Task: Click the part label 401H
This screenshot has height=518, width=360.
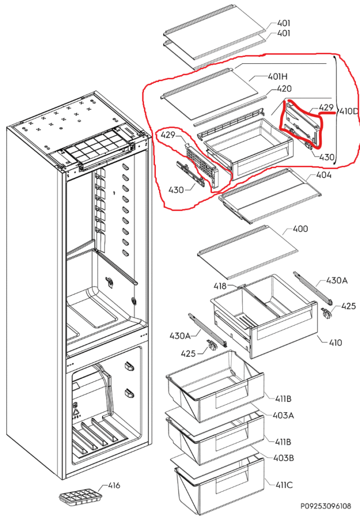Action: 277,77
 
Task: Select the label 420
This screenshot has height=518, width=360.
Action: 284,89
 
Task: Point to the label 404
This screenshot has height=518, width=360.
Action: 324,175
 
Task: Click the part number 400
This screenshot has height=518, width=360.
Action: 300,229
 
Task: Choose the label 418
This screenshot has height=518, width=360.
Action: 221,286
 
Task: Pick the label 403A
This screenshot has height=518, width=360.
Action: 283,415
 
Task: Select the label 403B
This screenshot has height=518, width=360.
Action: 283,458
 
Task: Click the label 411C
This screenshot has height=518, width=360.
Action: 283,485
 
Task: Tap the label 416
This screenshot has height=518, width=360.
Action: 114,485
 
